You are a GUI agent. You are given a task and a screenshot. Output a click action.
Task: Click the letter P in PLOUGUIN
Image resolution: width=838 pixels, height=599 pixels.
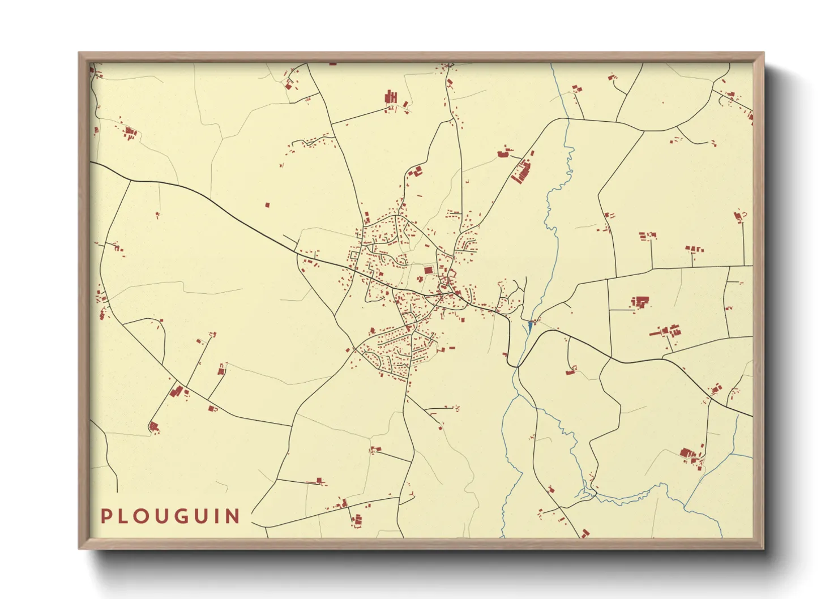tap(106, 516)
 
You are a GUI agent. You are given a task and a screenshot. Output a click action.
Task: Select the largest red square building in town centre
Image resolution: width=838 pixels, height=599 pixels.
tap(428, 271)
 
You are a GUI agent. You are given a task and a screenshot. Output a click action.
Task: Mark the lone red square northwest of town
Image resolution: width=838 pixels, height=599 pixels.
tap(268, 205)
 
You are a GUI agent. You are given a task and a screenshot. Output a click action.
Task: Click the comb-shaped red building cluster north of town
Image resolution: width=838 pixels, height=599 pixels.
tap(391, 97)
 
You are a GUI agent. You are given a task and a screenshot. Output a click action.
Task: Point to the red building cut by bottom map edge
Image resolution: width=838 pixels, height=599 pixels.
tap(584, 533)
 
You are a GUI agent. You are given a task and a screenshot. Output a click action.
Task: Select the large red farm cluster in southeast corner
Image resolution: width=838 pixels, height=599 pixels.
tap(687, 453)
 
